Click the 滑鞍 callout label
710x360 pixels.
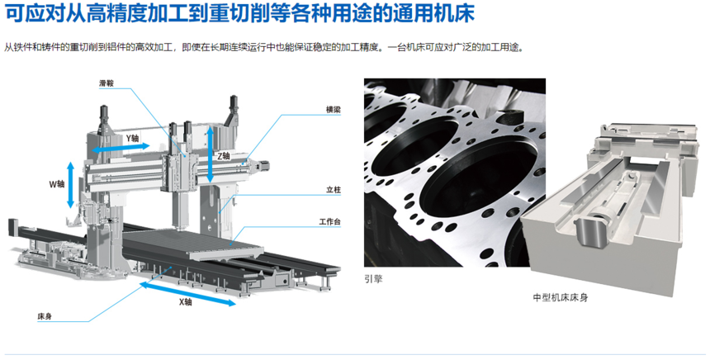click(106, 83)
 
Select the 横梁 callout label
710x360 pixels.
click(334, 110)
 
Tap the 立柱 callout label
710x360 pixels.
click(334, 190)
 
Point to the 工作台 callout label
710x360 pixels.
click(329, 222)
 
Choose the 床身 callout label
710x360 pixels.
click(45, 316)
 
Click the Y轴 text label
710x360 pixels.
click(132, 138)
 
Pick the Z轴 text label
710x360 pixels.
click(224, 156)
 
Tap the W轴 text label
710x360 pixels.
click(57, 184)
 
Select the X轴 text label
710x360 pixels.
click(185, 302)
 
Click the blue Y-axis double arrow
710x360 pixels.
click(121, 148)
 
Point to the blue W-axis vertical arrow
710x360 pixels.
click(70, 185)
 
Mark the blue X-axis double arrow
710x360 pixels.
click(187, 294)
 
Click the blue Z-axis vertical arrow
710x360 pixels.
click(210, 154)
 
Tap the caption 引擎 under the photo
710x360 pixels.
click(373, 279)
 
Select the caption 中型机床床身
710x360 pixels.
click(561, 297)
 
